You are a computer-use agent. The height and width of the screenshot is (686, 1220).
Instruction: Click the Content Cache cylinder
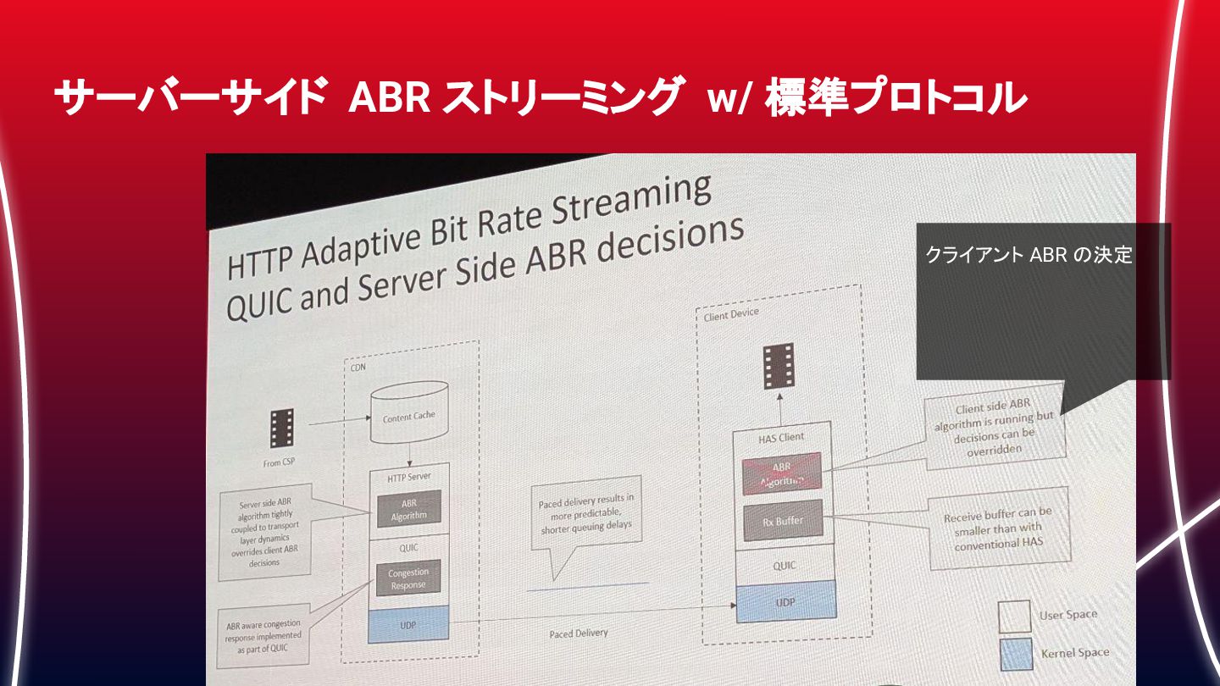coord(410,416)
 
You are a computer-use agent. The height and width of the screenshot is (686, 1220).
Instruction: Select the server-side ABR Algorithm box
coord(409,508)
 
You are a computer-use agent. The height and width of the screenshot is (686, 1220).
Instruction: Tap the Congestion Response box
coord(408,578)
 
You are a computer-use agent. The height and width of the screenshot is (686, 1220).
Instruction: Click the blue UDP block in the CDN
coord(408,624)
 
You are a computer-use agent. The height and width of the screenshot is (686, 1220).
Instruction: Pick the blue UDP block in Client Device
coord(785,602)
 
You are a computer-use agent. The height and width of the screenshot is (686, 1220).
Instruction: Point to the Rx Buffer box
coord(783,521)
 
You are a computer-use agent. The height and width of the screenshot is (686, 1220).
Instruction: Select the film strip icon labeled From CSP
coord(281,428)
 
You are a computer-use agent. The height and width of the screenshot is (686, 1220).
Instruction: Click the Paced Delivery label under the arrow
coord(578,633)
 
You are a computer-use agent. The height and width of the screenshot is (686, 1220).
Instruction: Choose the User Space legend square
coord(1014,617)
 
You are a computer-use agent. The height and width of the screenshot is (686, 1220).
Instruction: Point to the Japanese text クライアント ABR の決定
coord(1029,255)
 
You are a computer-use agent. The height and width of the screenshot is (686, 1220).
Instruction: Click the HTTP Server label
coord(409,477)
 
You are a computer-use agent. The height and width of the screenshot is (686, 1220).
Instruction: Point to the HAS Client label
coord(780,437)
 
